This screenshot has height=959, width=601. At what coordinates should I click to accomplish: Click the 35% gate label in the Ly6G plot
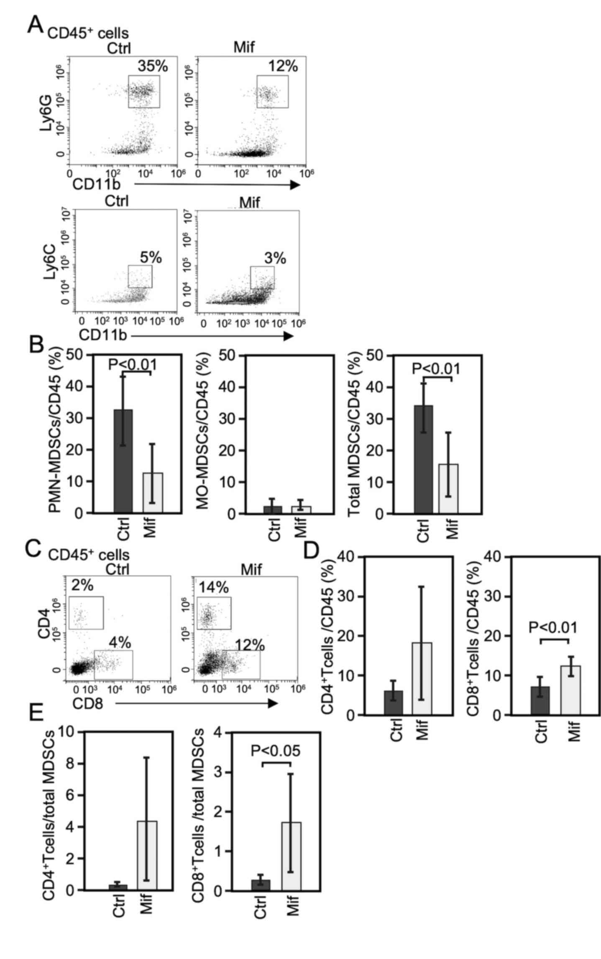[x=153, y=66]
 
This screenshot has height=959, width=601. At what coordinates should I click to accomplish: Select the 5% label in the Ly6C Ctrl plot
[x=151, y=257]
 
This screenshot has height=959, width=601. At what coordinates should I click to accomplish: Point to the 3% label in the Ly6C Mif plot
[x=275, y=258]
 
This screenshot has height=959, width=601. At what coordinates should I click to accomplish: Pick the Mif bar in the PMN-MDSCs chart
[x=153, y=492]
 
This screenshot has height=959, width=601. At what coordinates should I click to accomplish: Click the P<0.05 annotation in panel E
[x=276, y=751]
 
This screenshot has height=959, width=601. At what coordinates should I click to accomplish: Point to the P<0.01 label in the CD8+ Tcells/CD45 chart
[x=553, y=627]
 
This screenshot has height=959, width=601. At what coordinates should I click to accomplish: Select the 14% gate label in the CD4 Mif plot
[x=214, y=588]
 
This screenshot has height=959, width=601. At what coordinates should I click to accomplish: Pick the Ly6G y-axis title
[x=47, y=114]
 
